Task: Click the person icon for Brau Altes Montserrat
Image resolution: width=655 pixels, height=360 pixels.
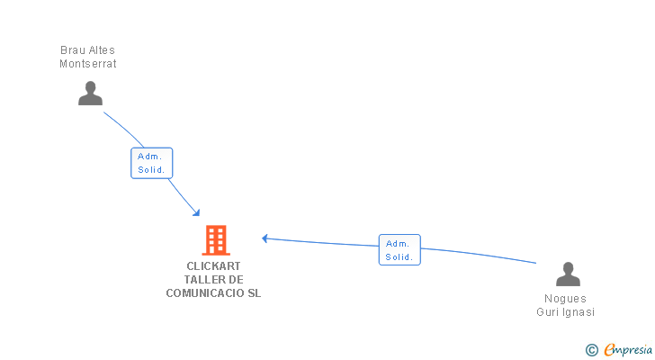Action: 90,93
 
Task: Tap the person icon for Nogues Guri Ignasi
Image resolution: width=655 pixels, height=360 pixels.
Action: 568,274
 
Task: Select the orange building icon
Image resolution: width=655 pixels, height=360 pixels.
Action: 215,240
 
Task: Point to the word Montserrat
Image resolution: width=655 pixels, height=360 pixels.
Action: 88,64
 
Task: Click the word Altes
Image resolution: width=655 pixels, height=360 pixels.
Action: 103,50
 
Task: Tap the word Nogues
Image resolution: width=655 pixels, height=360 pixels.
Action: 565,299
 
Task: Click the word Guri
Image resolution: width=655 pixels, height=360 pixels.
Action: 548,312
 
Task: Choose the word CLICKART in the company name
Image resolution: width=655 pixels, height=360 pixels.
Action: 214,266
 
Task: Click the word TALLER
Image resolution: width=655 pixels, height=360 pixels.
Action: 199,280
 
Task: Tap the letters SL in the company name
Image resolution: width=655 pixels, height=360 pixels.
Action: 255,293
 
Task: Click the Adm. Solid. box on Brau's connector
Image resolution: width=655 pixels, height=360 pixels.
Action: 151,163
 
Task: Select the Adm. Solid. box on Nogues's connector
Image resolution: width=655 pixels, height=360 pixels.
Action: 399,249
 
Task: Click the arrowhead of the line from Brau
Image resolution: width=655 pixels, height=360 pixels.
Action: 197,213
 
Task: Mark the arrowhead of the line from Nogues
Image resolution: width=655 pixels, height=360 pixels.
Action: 265,238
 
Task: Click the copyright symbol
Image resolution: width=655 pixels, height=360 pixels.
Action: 591,350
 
